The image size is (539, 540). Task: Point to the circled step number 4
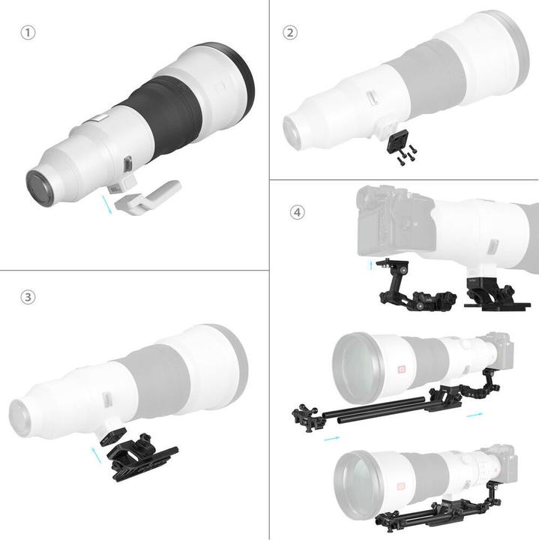[298, 212]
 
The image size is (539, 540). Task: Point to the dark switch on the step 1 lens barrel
[128, 163]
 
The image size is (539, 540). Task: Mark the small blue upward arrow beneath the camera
[370, 264]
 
